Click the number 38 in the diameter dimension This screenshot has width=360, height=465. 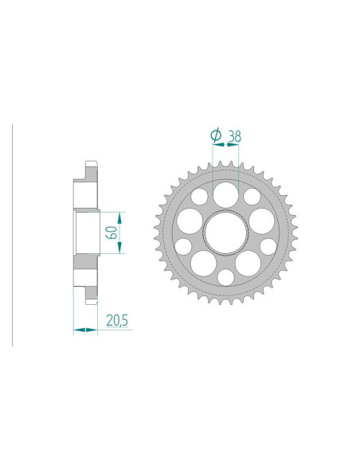234,136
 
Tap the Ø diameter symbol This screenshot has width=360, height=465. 216,135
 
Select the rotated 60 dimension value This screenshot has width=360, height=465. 112,232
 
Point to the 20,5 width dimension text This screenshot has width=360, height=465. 117,321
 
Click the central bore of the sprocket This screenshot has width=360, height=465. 225,232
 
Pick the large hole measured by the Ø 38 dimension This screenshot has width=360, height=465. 225,195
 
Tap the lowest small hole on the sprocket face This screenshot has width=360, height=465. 225,278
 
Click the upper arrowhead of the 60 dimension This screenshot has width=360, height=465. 119,218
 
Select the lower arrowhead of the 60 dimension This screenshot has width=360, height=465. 119,248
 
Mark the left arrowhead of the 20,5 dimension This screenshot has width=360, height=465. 79,330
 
